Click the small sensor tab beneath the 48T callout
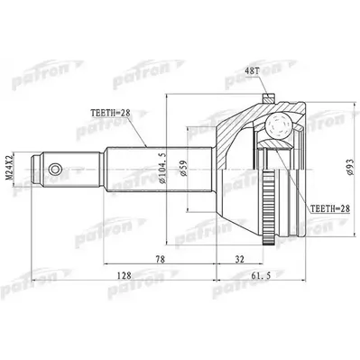[x=267, y=95]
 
